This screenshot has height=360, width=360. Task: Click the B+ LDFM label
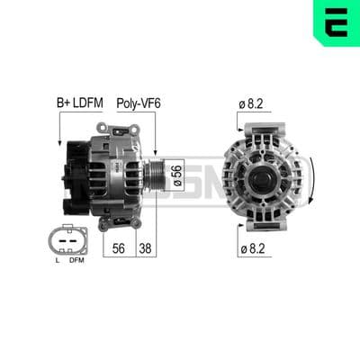click(x=80, y=103)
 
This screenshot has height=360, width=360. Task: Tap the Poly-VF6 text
click(x=139, y=103)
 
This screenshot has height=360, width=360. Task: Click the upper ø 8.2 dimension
click(x=251, y=103)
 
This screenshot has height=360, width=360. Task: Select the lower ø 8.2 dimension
click(x=253, y=248)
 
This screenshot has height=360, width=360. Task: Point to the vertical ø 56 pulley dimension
click(x=177, y=175)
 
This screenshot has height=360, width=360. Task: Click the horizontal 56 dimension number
click(x=119, y=248)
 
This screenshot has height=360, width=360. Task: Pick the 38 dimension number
click(x=145, y=248)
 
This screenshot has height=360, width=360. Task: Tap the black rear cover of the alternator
click(x=76, y=178)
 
